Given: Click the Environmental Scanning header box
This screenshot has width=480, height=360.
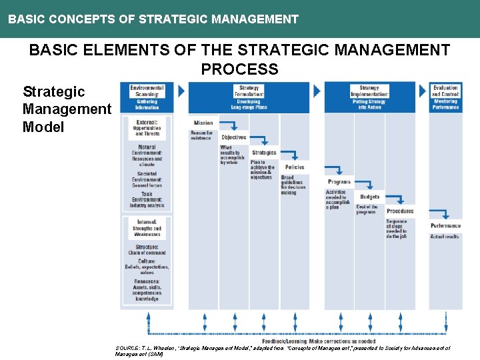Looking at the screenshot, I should pos(147,97).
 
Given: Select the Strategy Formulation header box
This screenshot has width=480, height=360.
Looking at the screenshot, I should pos(249,97).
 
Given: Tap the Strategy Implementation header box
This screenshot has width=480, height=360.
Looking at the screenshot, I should pos(369,97).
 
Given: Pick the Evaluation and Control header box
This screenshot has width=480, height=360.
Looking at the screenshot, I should pos(445,97).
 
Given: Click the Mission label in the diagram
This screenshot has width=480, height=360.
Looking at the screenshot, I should pos(203,123).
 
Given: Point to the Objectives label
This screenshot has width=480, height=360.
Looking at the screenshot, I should pos(234,137).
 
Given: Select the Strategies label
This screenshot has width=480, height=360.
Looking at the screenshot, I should pos(264,153).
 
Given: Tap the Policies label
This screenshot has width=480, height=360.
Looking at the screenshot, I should pos(295,167).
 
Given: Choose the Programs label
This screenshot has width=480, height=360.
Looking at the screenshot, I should pos(339,182).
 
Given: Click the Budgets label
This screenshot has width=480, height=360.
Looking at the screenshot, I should pos(369,197).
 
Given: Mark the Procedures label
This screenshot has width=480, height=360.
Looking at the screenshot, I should pos(400,211).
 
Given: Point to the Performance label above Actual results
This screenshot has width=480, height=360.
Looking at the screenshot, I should pos(445,226).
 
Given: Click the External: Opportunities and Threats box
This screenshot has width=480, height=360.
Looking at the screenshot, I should pos(147,128).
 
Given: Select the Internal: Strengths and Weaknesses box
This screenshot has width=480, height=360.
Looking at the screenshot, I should pos(147,228).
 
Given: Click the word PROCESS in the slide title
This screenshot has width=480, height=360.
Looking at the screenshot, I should pos(239,69).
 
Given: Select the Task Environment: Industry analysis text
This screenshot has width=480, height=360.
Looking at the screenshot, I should pos(147,199).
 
